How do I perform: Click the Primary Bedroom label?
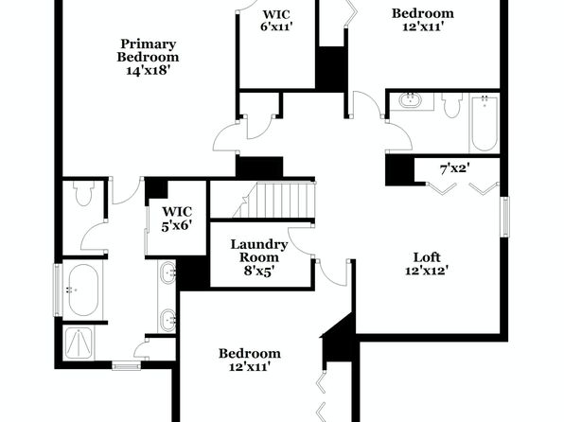tap(148, 50)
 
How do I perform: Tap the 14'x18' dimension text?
tap(148, 70)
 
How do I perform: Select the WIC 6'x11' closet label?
tap(276, 21)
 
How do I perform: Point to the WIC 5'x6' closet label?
tap(177, 219)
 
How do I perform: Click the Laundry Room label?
tap(259, 251)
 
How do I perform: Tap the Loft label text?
tap(427, 257)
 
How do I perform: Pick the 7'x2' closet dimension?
tap(455, 168)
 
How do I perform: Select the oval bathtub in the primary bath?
tap(83, 290)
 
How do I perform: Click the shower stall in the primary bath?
tap(79, 343)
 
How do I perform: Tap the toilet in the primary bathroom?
tap(83, 193)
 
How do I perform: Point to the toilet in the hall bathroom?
tap(452, 105)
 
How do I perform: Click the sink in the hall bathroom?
tap(411, 100)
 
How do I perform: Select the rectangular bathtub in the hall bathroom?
tap(485, 123)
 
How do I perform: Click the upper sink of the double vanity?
tap(167, 273)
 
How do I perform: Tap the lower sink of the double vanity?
tap(167, 320)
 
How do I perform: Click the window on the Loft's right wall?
tap(505, 217)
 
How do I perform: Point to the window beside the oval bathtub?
tap(57, 290)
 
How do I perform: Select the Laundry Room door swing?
tap(300, 241)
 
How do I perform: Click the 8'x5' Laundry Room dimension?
tap(259, 271)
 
